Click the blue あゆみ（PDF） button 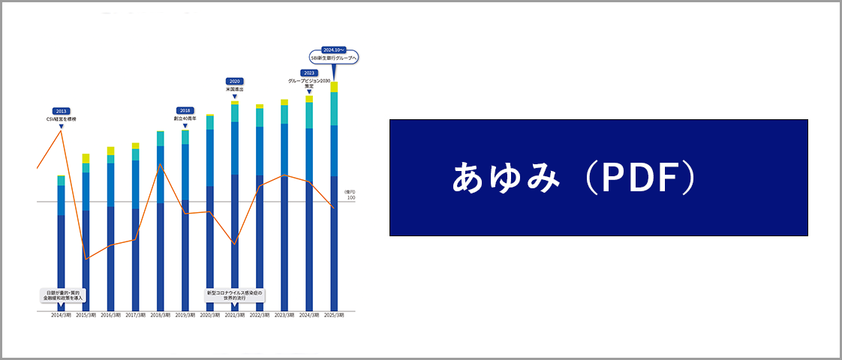coord(598,178)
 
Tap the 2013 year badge coord(62,111)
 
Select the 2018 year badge coord(185,110)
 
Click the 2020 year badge coord(235,81)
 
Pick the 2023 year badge coord(309,73)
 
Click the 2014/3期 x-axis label coord(62,316)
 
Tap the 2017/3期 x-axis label coord(135,316)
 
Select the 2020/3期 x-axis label coord(210,316)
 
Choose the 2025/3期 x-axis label coord(334,316)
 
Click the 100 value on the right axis coord(350,198)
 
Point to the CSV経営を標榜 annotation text coord(62,119)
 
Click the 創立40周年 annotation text coord(185,118)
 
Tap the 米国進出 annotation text coord(235,89)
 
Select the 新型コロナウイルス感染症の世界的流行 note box coord(235,295)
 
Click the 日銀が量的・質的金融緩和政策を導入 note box coord(63,295)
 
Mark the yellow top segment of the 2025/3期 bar coord(334,87)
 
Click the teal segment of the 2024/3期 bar coord(309,115)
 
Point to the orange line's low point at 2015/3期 coord(86,259)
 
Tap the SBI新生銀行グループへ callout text coord(335,57)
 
